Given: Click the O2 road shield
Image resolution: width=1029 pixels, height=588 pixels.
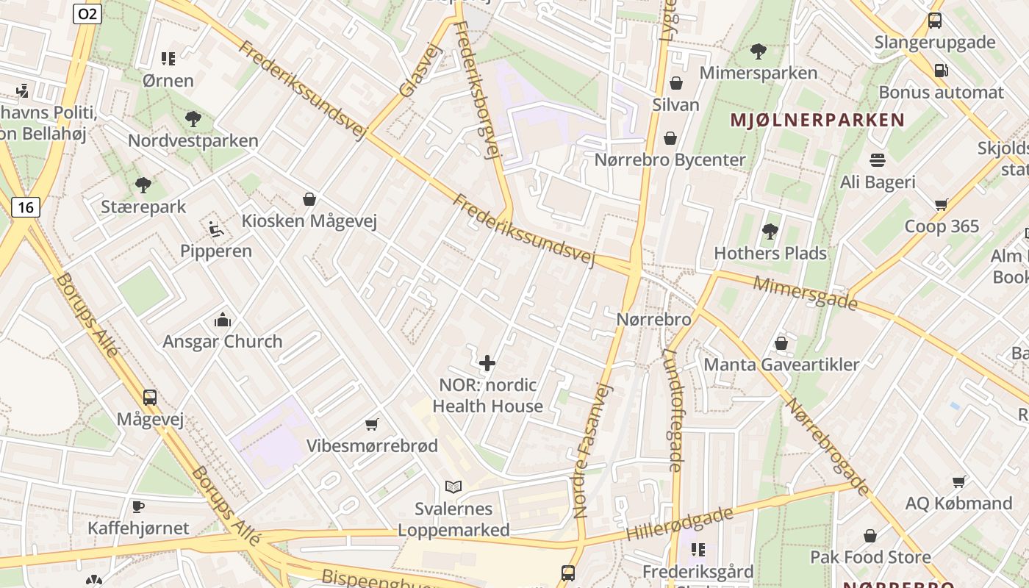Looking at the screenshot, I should pos(87,13).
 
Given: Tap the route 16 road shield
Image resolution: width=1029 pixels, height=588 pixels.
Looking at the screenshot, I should pos(25,207).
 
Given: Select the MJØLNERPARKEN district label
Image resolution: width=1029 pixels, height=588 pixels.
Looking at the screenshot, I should pos(817,121).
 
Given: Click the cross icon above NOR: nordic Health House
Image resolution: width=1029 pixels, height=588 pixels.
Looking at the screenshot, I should pos(487,363).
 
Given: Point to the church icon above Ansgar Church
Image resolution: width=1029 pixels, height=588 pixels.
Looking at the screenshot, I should pos(222,320).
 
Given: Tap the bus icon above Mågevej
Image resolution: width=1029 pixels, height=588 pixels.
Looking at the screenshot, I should pos(150,398).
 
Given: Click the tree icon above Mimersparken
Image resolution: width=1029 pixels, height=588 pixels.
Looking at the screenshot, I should pos(758,51).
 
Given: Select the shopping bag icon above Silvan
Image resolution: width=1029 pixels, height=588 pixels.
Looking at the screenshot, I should pos(675,83).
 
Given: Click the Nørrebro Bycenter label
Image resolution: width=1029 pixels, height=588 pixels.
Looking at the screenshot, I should pos(670,159).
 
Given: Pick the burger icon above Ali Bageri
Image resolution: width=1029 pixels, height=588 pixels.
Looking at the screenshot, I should pos(877,159).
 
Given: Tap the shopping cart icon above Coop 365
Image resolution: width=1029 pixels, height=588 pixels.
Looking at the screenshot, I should pos(941,204).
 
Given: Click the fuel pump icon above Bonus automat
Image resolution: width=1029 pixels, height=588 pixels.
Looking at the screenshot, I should pos(940,71).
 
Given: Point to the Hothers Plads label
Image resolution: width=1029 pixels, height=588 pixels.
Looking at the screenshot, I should pos(770,254).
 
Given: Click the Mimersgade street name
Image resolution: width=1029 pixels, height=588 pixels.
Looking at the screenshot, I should pos(805,293).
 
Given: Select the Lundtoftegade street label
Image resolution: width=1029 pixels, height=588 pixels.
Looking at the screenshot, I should pos(673,409).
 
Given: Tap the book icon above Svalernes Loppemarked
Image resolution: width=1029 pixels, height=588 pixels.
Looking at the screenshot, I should pos(453,487).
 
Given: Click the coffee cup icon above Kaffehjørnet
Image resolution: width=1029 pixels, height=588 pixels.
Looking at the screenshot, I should pos(137,506).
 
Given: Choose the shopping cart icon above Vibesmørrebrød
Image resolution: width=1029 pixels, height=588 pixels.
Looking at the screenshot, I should pos(372,424).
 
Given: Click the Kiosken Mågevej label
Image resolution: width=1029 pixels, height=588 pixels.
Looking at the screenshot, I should pos(309,221).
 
